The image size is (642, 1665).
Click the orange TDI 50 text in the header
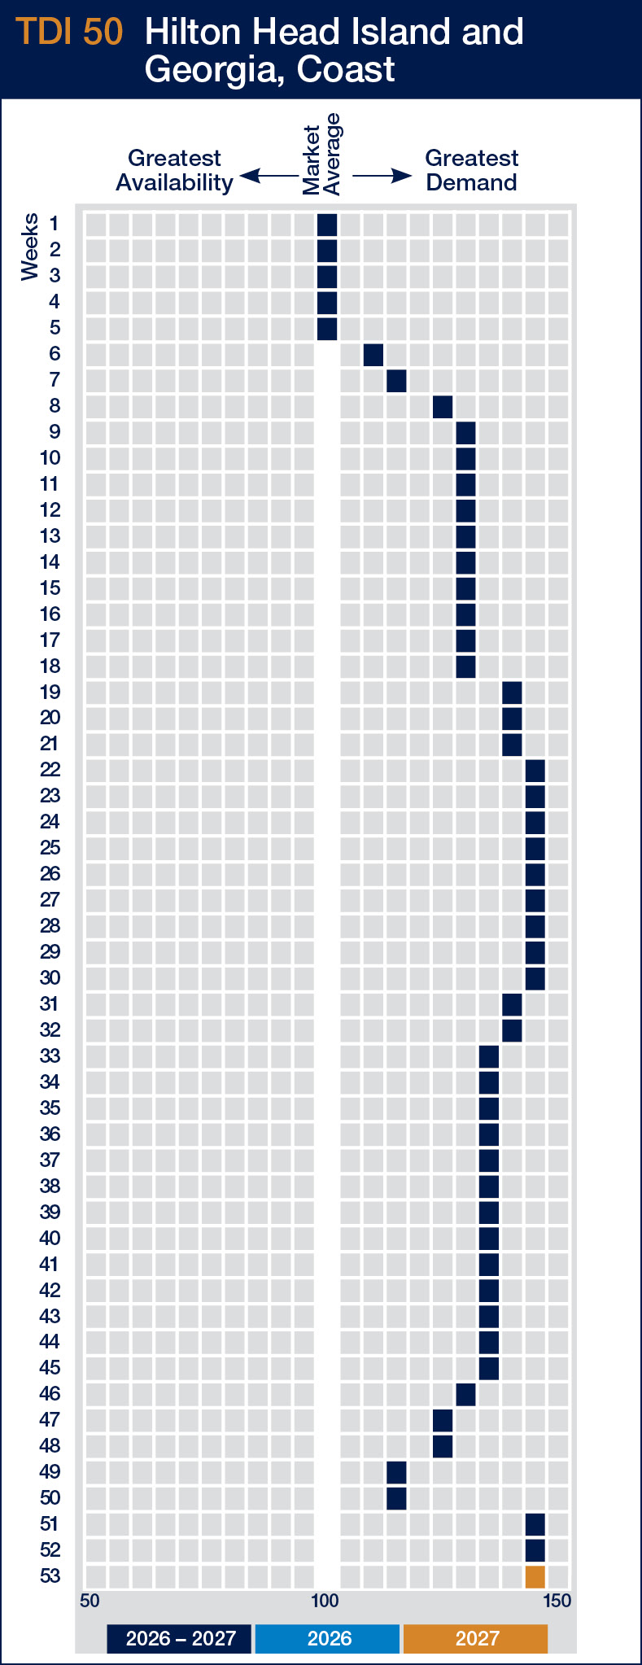pyautogui.click(x=70, y=33)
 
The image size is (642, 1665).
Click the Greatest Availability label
pyautogui.click(x=174, y=170)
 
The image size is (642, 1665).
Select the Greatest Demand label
pyautogui.click(x=471, y=170)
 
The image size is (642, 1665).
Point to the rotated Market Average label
pyautogui.click(x=321, y=155)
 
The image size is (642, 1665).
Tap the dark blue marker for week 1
pyautogui.click(x=327, y=225)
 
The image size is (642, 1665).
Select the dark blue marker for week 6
pyautogui.click(x=373, y=355)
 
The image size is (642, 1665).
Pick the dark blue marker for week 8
pyautogui.click(x=443, y=407)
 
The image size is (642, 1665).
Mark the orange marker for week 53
pyautogui.click(x=535, y=1576)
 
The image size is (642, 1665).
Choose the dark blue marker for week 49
pyautogui.click(x=396, y=1472)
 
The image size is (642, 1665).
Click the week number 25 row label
pyautogui.click(x=50, y=848)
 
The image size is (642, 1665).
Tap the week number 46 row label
pyautogui.click(x=50, y=1394)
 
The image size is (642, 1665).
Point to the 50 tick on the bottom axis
pyautogui.click(x=90, y=1602)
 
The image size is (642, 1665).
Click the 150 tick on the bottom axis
pyautogui.click(x=557, y=1602)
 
